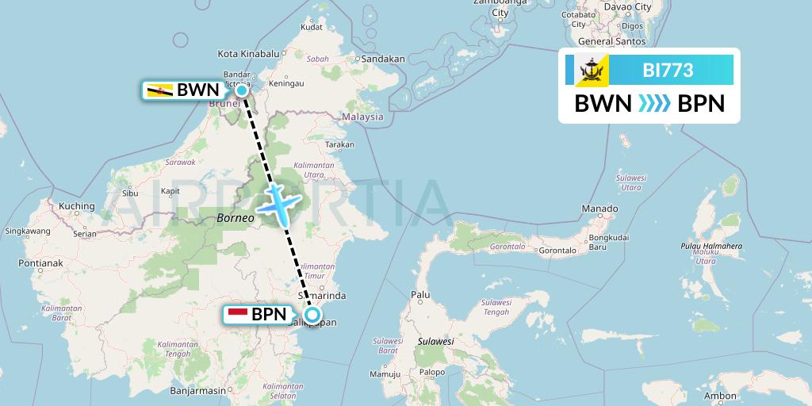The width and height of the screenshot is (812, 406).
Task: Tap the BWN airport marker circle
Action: coord(242,90)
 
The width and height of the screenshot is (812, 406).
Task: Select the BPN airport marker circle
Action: coord(312,315)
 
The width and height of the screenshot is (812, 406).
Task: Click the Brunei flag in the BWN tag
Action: coord(159,90)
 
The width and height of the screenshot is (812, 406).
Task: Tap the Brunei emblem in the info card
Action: coord(591,71)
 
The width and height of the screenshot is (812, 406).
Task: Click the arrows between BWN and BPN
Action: coord(655,104)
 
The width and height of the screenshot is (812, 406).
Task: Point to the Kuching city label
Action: coord(77,206)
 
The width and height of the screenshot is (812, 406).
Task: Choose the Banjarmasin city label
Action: coord(198,390)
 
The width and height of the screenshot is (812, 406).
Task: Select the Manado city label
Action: coord(599,209)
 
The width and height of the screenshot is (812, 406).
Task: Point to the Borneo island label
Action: coord(234,216)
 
